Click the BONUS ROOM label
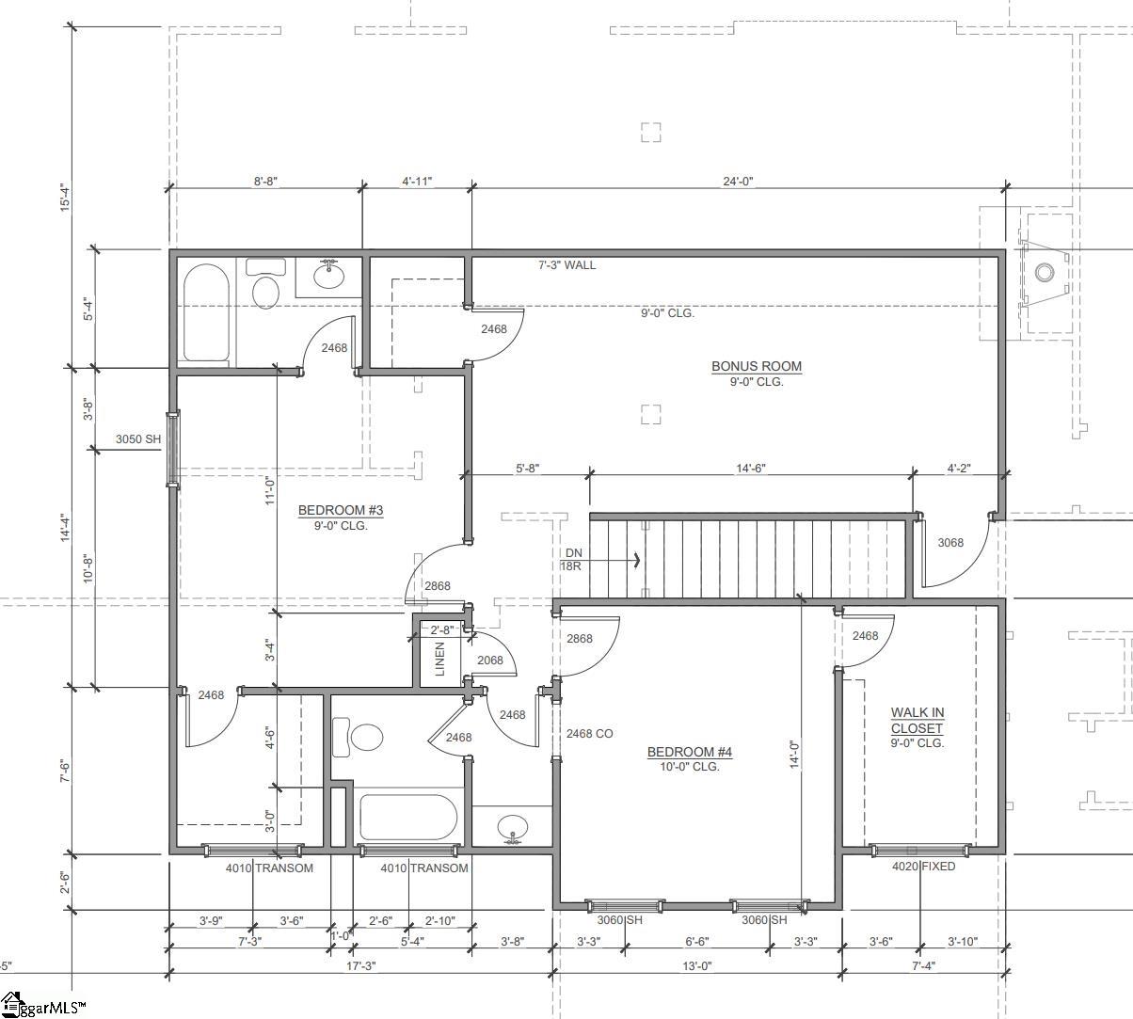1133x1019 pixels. click(x=756, y=367)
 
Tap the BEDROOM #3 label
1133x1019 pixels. click(x=341, y=511)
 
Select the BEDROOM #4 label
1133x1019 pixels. click(x=689, y=752)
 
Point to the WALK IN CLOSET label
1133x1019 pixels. click(x=917, y=721)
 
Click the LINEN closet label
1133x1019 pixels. click(x=439, y=659)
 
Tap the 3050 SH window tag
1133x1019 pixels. click(x=138, y=439)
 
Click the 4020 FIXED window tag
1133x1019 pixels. click(x=923, y=867)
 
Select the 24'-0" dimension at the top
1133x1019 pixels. click(x=738, y=182)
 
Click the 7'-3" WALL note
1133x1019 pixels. click(x=566, y=265)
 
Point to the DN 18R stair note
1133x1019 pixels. click(x=572, y=559)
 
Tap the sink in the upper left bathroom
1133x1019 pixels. click(x=328, y=276)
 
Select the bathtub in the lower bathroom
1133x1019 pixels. click(x=407, y=817)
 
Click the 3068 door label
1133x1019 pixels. click(x=950, y=543)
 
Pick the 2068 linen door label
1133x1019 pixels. click(x=489, y=660)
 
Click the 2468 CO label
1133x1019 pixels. click(x=589, y=733)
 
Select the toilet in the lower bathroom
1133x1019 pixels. click(x=359, y=737)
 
